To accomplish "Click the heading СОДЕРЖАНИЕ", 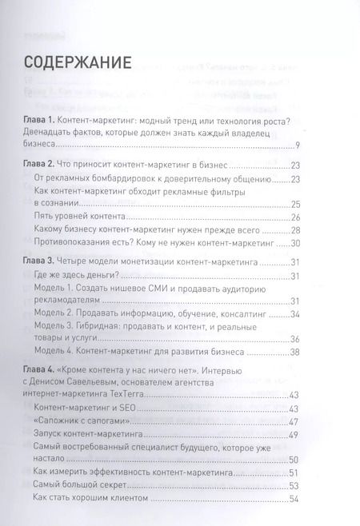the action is [78, 62].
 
